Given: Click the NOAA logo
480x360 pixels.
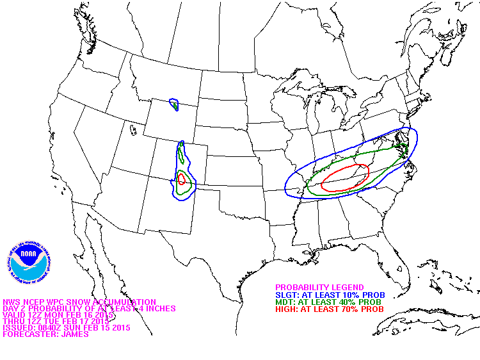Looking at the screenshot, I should [x=28, y=263].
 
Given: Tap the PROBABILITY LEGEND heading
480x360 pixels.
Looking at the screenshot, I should [x=319, y=288].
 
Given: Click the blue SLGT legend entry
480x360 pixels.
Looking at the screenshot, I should [x=330, y=295].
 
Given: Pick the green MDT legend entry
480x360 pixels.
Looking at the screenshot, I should [x=328, y=302].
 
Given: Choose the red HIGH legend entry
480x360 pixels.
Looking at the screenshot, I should [x=329, y=309].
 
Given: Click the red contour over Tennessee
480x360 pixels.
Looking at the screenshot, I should [x=345, y=178].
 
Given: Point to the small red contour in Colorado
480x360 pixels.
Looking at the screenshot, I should [x=182, y=179].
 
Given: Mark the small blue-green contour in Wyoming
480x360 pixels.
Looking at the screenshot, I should [x=174, y=104].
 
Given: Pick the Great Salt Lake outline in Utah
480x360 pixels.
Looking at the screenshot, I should [x=132, y=130].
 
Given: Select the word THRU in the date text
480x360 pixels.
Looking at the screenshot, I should [x=13, y=321].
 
